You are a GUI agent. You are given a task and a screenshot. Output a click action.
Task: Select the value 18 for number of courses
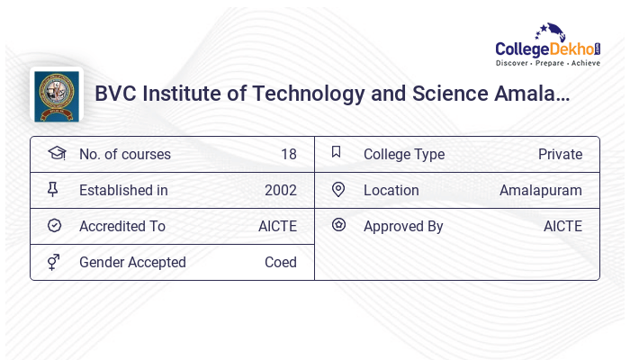[x=288, y=154]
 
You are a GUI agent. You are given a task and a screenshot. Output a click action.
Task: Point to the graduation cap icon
[x=56, y=153]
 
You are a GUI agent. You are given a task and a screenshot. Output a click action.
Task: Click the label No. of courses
[x=124, y=154]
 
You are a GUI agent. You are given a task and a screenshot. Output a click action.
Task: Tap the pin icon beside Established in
[x=53, y=190]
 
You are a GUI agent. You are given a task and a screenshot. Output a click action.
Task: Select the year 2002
[x=280, y=190]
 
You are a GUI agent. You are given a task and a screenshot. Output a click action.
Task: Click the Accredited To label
[x=121, y=226]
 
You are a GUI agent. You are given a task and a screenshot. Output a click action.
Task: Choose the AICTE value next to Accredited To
[x=277, y=226]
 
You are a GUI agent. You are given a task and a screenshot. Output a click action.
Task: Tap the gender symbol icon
[x=54, y=262]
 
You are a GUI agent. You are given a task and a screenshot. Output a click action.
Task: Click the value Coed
[x=280, y=262]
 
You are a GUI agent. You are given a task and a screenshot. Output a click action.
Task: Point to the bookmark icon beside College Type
[x=337, y=153]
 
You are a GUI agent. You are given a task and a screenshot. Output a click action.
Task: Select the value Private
[x=560, y=154]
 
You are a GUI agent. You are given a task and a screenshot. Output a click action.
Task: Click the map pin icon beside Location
[x=338, y=190]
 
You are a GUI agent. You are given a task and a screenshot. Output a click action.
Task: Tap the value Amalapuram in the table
[x=540, y=190]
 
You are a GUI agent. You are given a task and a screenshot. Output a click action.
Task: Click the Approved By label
[x=403, y=226]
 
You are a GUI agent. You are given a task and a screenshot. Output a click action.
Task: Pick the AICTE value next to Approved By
[x=562, y=226]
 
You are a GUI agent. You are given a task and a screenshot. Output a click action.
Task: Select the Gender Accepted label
[x=132, y=262]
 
